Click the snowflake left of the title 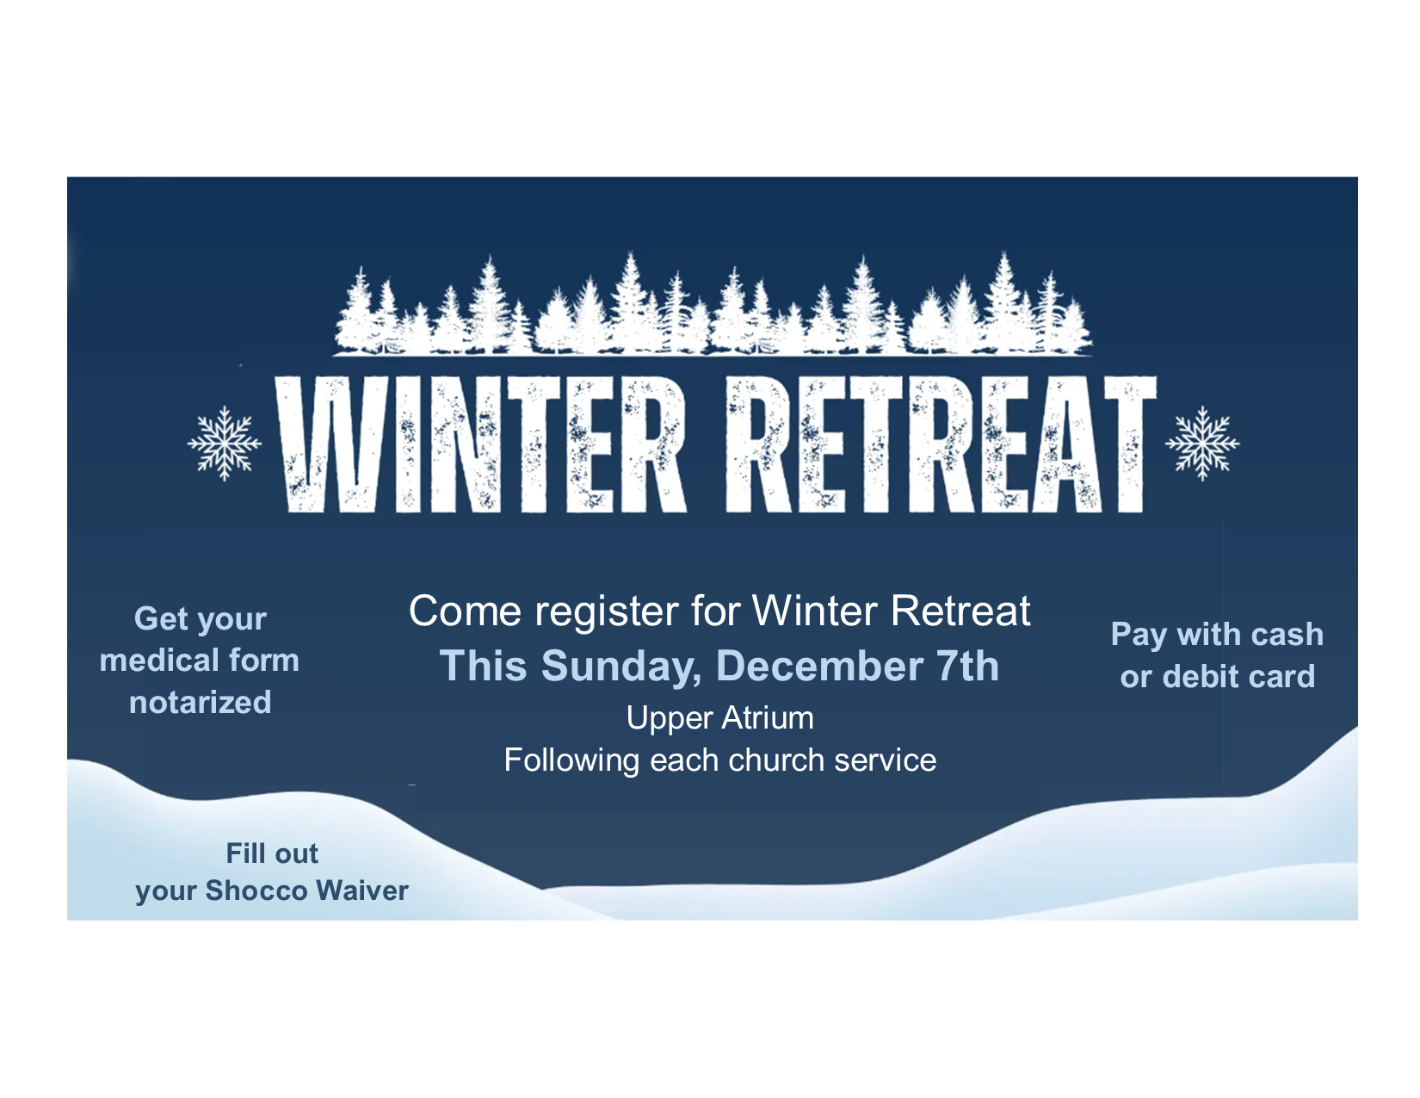[225, 443]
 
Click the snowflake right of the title [1201, 443]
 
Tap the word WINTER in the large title [480, 444]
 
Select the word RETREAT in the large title [941, 444]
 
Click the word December [820, 666]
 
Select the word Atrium [768, 717]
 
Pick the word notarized [200, 703]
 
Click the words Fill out [272, 853]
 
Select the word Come [465, 611]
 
